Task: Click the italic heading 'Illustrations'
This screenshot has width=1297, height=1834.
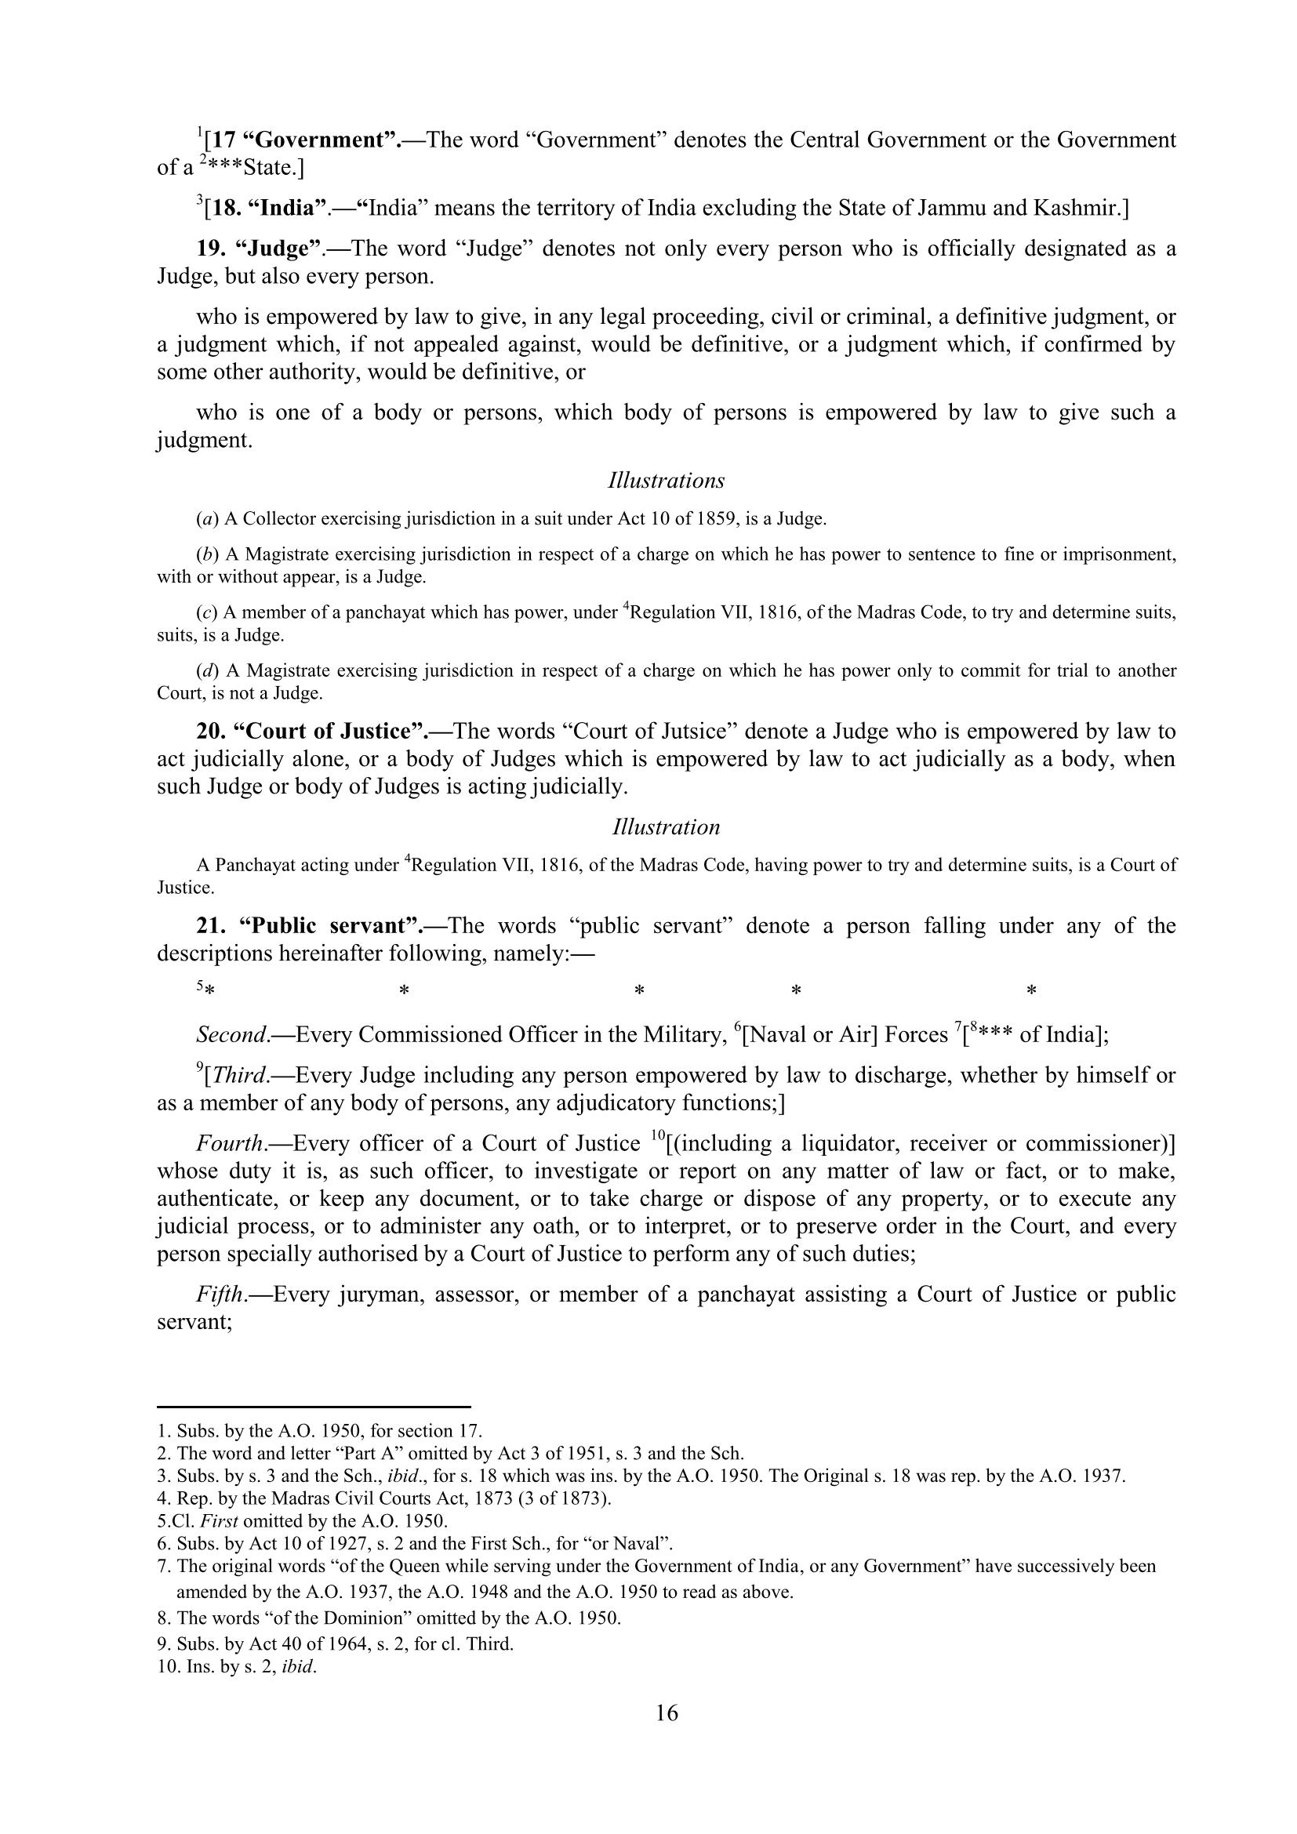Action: pos(666,481)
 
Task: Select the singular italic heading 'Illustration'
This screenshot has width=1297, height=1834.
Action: pos(666,826)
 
